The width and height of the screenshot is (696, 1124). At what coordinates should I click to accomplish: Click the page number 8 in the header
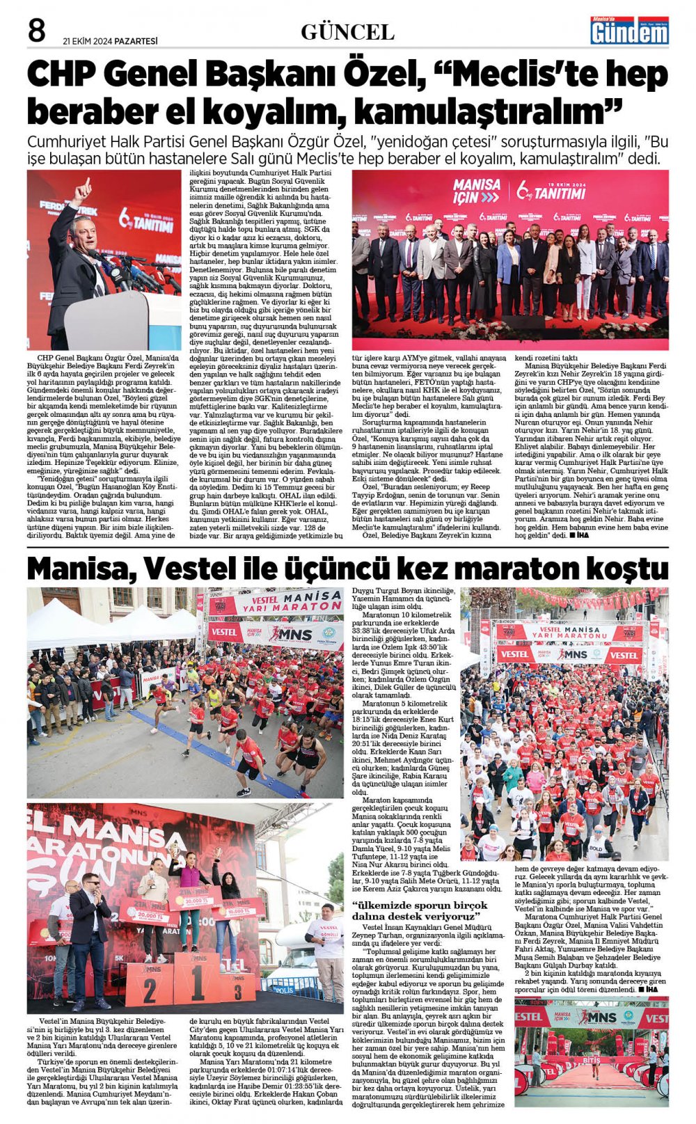(36, 31)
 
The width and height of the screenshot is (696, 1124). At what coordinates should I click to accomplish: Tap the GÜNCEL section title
(347, 32)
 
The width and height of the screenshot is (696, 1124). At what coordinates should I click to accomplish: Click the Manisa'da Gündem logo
(629, 31)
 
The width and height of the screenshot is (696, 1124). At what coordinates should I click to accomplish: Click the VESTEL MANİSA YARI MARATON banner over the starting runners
(275, 603)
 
